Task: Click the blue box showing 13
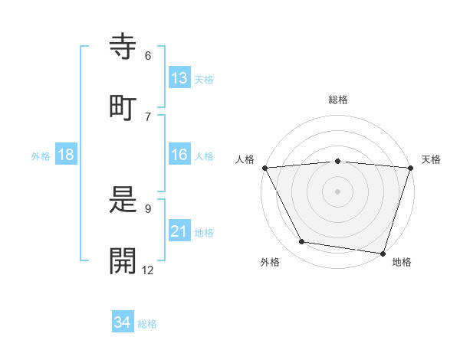179,78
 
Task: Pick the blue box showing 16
179,155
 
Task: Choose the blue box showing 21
179,231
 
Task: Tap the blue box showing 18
66,155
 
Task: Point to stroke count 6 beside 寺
148,56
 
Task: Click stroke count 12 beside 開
147,270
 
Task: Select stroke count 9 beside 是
148,208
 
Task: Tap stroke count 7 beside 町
148,116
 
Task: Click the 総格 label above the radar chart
337,100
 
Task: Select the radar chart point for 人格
264,167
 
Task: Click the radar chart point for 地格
383,253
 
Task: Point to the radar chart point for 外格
302,242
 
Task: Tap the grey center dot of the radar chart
337,191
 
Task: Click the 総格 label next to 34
147,323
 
